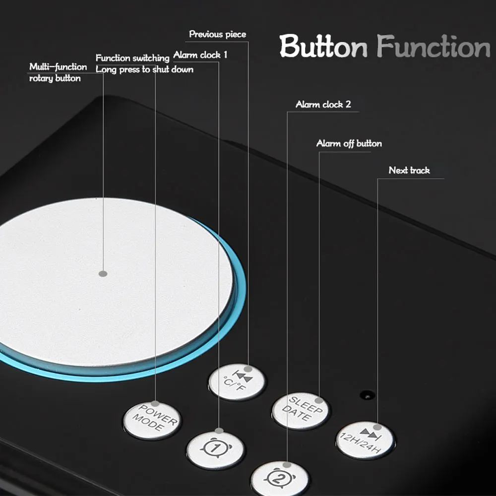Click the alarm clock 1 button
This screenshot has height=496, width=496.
(x=215, y=449)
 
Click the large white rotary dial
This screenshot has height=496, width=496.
(x=109, y=283)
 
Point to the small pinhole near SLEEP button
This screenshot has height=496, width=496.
(x=367, y=395)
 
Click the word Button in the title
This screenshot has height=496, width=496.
(x=323, y=47)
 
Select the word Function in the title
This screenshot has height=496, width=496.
(x=434, y=47)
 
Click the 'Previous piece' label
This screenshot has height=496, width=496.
(x=217, y=34)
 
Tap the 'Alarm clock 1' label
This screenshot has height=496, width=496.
(x=200, y=55)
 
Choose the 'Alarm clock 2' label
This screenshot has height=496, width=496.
(x=323, y=105)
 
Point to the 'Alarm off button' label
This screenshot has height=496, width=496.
(x=349, y=143)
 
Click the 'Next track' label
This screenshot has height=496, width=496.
(x=409, y=170)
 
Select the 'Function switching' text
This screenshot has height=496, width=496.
(x=132, y=58)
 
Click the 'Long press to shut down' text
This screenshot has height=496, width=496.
(x=144, y=69)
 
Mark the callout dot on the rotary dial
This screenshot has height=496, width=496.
(x=103, y=273)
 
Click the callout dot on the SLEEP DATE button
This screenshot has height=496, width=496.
(x=319, y=400)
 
